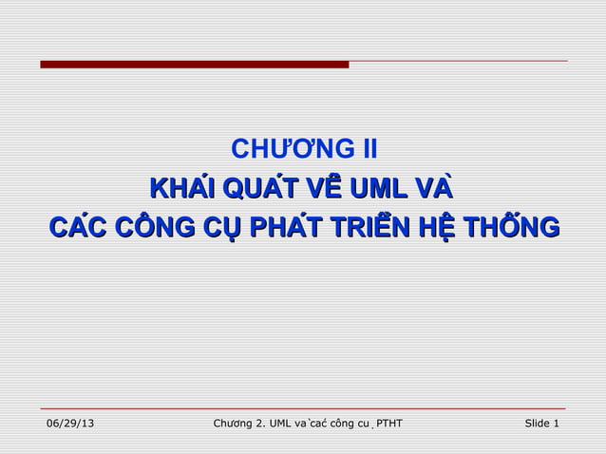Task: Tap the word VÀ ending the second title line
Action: click(435, 189)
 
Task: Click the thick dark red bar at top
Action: click(195, 65)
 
